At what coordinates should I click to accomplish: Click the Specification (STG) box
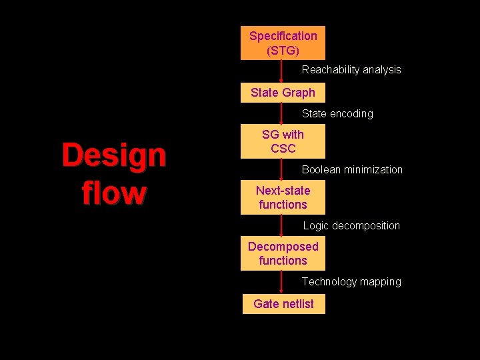(283, 43)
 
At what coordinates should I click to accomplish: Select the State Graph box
(283, 93)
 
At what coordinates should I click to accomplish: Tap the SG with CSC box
(283, 141)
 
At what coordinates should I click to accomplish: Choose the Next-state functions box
(283, 197)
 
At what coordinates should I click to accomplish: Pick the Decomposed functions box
(283, 253)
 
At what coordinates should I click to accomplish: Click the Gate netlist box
(283, 304)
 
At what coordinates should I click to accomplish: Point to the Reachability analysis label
(351, 69)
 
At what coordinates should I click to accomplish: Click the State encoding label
(337, 114)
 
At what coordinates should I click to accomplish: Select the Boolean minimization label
(352, 169)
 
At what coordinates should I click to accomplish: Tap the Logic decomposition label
(351, 225)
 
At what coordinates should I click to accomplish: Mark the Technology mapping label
(351, 281)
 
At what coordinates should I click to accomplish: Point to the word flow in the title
(113, 193)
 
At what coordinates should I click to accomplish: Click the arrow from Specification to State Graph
(281, 71)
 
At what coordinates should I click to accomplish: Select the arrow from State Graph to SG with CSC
(281, 113)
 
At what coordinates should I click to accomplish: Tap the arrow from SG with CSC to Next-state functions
(281, 169)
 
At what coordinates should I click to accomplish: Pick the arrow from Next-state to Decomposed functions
(281, 225)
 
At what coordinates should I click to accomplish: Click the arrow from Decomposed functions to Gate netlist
(281, 282)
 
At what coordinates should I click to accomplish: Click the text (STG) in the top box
(283, 50)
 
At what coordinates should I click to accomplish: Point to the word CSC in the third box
(283, 148)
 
